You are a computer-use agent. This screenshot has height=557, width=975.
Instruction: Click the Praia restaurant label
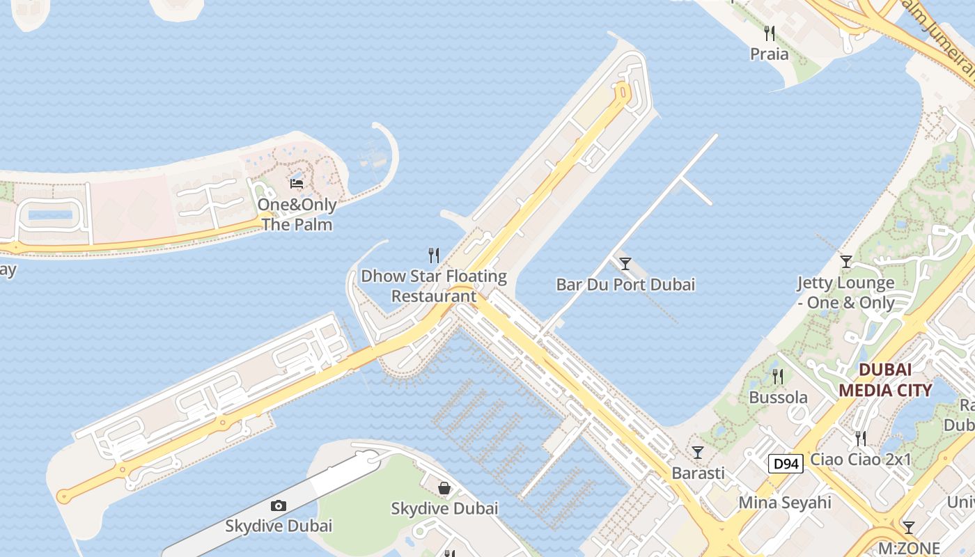click(769, 54)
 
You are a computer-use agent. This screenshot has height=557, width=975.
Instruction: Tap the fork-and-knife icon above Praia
click(770, 33)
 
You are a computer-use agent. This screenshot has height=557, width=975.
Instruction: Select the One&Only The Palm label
click(297, 214)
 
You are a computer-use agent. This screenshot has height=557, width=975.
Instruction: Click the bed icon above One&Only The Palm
click(297, 184)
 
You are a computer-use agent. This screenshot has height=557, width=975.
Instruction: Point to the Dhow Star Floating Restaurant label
click(434, 285)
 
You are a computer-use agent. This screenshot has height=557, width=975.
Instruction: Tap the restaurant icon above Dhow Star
click(434, 256)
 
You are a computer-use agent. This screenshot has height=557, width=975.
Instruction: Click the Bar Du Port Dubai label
click(625, 284)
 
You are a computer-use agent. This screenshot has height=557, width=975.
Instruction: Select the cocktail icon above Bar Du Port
click(625, 263)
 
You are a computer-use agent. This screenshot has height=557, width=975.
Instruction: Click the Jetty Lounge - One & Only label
click(845, 292)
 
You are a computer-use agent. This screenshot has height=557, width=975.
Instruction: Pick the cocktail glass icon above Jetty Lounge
click(846, 262)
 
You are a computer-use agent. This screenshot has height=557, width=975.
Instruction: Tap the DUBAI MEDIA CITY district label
click(885, 380)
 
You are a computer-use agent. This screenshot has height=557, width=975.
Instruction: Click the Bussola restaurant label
click(778, 398)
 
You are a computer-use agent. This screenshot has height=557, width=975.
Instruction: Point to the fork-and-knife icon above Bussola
click(778, 377)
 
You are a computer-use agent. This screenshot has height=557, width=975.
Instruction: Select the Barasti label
click(698, 473)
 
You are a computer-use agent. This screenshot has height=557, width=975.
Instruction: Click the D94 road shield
click(786, 464)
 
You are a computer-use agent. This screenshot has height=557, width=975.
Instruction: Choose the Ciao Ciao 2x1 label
click(861, 460)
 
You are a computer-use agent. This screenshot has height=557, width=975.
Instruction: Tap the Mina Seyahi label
click(785, 502)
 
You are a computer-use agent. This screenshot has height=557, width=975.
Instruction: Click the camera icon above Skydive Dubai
click(279, 505)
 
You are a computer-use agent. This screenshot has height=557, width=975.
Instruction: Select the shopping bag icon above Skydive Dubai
click(444, 488)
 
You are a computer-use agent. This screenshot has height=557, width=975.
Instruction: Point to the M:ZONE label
click(908, 548)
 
